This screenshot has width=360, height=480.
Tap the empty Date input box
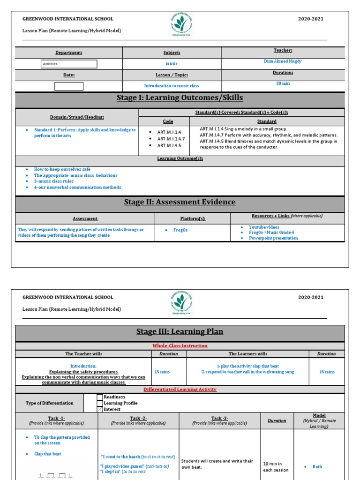click(69, 86)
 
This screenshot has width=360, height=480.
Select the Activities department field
click(69, 64)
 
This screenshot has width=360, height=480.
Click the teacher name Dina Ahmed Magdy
click(283, 61)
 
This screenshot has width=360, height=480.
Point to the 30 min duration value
click(283, 83)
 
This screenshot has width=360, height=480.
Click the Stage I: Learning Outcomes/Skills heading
click(180, 98)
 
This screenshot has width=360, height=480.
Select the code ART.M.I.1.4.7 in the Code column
click(171, 139)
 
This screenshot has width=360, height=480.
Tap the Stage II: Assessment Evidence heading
click(180, 202)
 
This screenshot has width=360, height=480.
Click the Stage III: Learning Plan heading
click(180, 332)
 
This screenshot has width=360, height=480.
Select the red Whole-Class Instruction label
click(180, 346)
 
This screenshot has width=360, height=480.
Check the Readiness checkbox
click(100, 397)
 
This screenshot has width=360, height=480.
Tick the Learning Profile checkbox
click(100, 403)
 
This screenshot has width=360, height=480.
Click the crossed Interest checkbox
click(100, 409)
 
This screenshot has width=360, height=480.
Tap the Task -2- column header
click(138, 418)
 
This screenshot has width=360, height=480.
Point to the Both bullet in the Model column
click(317, 467)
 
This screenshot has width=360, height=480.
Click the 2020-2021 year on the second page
click(311, 297)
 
